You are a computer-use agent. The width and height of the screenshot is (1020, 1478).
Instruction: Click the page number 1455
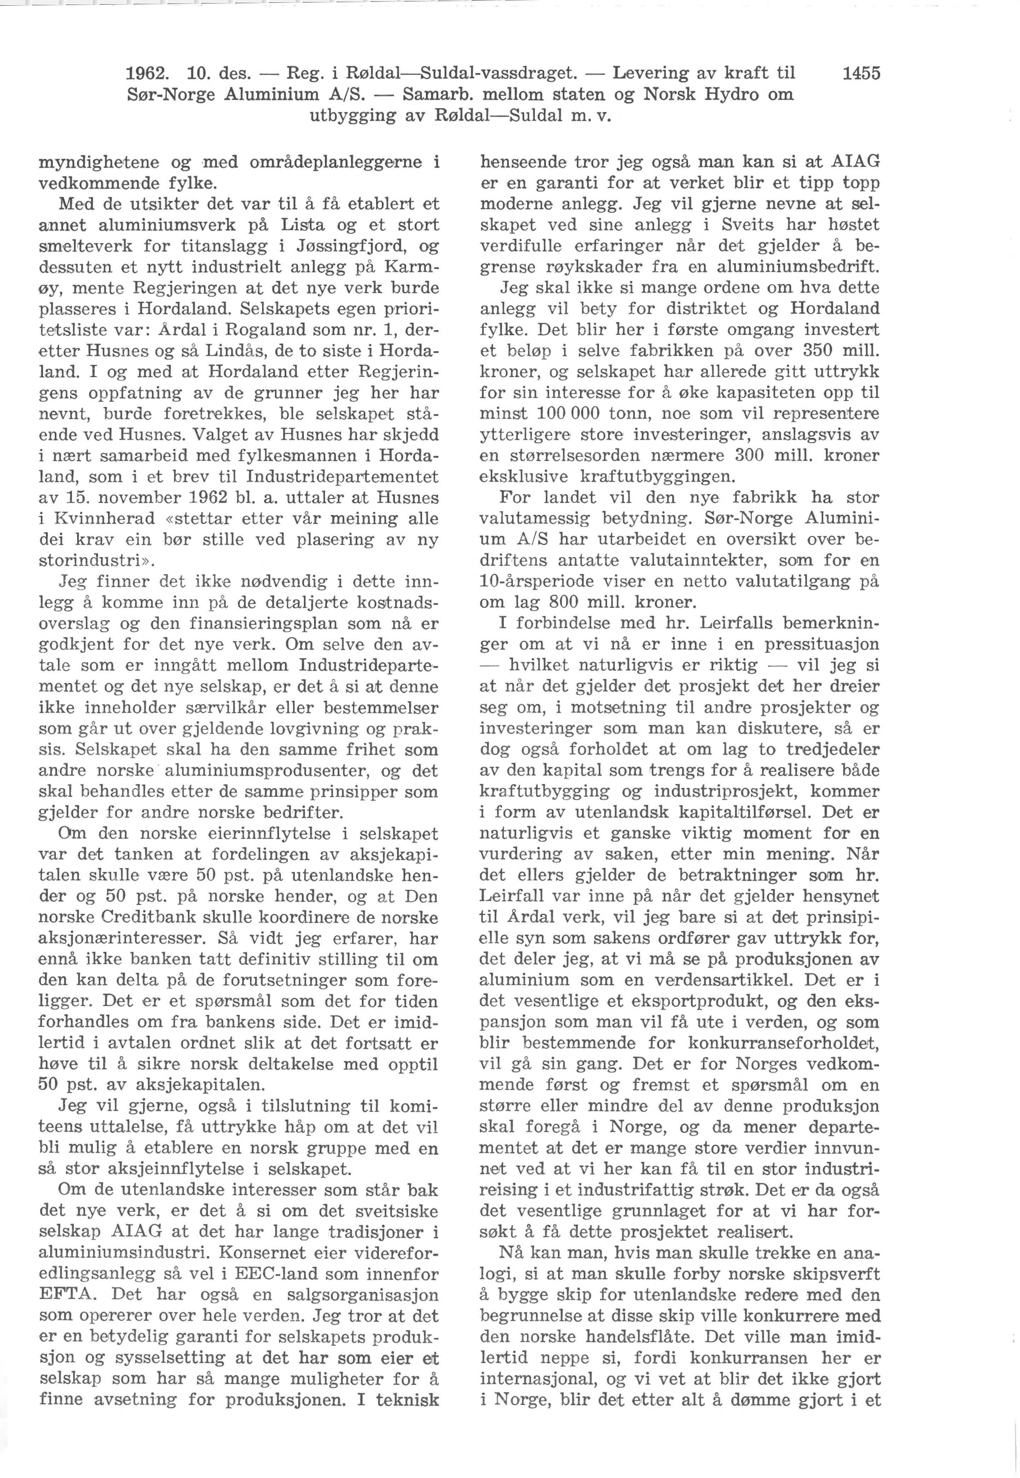point(861,74)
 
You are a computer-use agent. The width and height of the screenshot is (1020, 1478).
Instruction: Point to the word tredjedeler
point(831,749)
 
